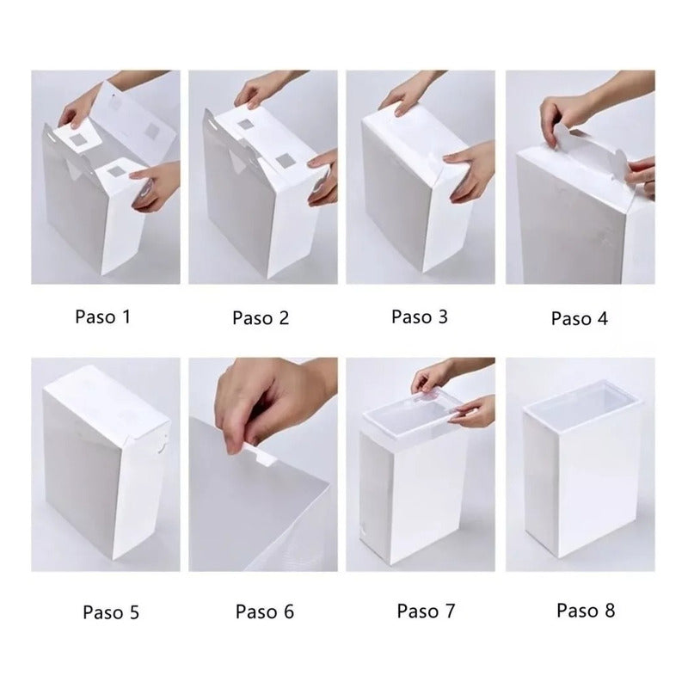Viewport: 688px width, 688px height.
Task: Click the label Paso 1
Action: (102, 316)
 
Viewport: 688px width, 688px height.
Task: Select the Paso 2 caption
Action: (260, 317)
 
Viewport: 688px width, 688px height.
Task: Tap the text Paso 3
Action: (419, 316)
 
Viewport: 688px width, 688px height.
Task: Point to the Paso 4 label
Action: (579, 318)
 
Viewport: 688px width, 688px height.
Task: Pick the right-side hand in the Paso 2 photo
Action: (324, 172)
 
